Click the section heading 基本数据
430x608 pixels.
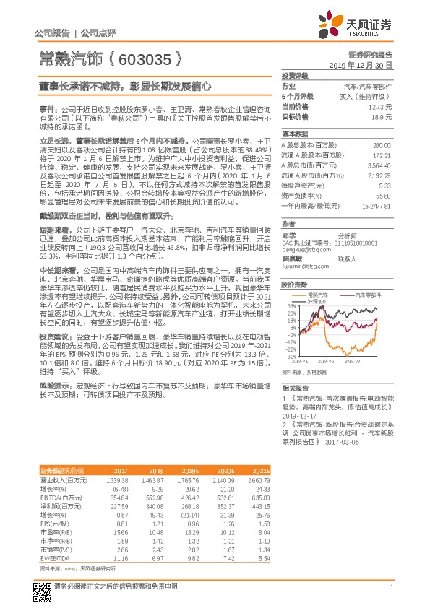(x=294, y=134)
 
